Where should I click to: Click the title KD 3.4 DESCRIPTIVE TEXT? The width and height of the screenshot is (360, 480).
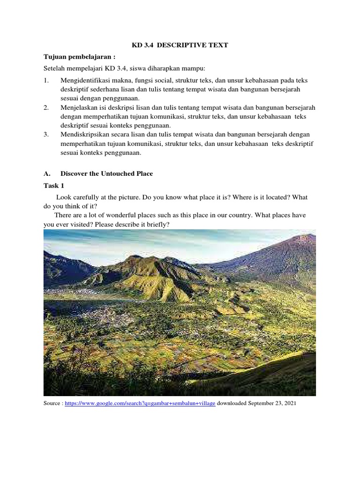180,45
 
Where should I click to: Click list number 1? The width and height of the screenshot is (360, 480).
46,81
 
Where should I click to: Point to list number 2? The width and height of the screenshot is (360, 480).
46,108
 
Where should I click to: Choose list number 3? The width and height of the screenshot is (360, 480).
46,135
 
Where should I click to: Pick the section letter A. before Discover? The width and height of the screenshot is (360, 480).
47,173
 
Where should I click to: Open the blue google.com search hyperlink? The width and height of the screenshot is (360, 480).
140,403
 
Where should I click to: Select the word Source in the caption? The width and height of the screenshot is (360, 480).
52,403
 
